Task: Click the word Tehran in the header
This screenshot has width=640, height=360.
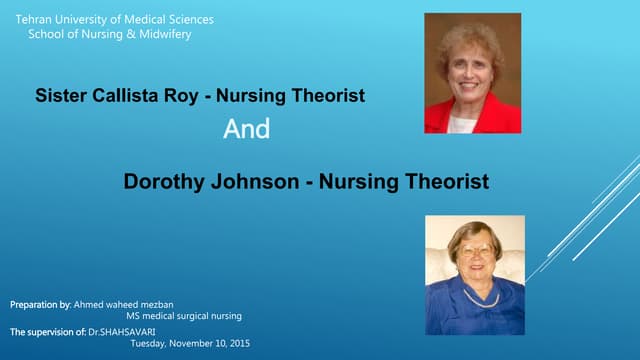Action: pyautogui.click(x=32, y=19)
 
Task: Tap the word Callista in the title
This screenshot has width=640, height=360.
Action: pyautogui.click(x=122, y=96)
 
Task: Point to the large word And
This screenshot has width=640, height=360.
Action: pyautogui.click(x=246, y=130)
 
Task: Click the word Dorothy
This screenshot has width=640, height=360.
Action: pyautogui.click(x=162, y=182)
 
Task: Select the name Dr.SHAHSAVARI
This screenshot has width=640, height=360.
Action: pyautogui.click(x=111, y=330)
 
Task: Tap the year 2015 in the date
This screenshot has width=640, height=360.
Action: pyautogui.click(x=238, y=343)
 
